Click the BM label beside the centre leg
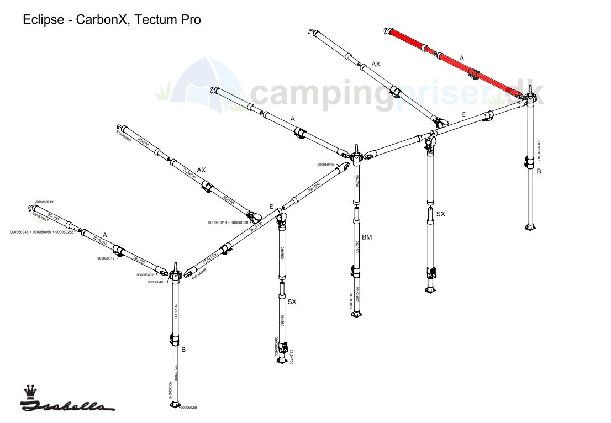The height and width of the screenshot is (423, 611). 367,237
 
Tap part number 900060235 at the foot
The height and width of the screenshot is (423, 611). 189,408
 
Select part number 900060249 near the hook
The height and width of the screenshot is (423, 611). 45,202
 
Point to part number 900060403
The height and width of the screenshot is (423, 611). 326,165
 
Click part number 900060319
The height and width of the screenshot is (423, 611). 106,258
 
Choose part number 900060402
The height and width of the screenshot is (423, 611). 145,275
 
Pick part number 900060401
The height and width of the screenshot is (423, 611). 157,282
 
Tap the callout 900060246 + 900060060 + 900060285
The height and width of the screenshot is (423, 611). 42,232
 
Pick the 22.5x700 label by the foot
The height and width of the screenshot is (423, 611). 291,357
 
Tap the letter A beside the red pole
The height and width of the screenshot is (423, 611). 462,57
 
